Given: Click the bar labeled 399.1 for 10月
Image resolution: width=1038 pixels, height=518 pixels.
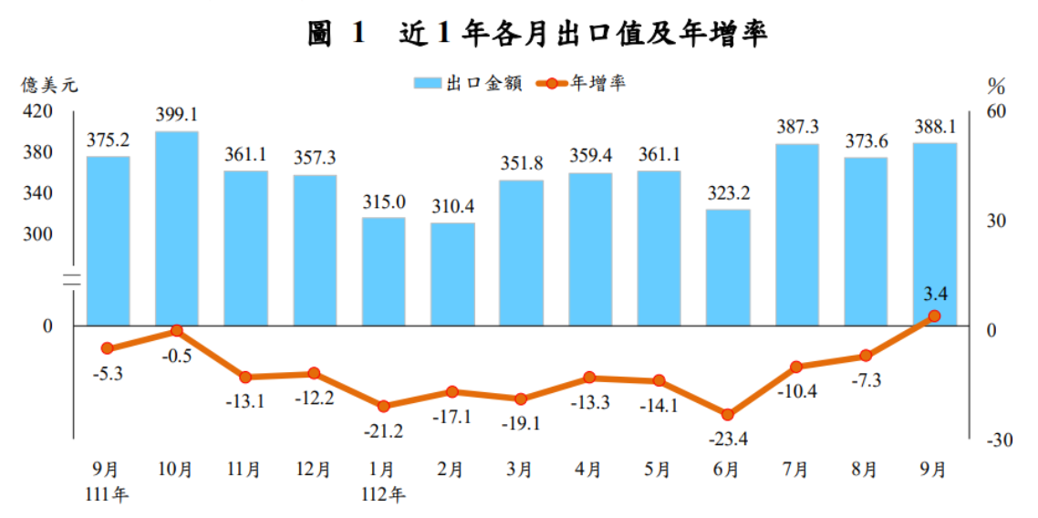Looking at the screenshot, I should click(x=177, y=228).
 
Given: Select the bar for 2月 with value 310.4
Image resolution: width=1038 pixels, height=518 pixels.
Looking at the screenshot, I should click(x=452, y=274).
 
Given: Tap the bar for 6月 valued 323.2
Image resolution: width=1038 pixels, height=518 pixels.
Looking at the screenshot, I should click(x=728, y=267).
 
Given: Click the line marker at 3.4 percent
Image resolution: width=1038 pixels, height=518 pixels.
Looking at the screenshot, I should click(x=934, y=316).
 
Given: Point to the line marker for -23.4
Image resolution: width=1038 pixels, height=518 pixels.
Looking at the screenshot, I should click(x=728, y=414).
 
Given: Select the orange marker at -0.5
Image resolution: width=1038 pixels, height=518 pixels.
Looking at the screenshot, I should click(x=177, y=330).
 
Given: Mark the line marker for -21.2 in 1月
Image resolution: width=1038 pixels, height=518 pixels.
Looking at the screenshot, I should click(x=383, y=406).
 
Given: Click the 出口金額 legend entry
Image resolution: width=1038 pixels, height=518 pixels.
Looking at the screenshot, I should click(x=469, y=83).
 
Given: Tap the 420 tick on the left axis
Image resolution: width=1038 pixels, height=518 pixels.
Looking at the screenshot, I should click(x=45, y=110).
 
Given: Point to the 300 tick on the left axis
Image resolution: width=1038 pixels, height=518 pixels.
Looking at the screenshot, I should click(x=45, y=234).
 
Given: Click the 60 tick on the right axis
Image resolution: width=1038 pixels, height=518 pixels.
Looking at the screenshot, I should click(x=995, y=110).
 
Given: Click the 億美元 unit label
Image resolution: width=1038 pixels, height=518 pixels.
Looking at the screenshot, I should click(x=51, y=86).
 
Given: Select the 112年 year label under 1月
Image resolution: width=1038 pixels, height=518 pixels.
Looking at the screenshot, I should click(x=384, y=496).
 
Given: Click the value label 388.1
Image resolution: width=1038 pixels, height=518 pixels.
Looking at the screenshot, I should click(x=934, y=127).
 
